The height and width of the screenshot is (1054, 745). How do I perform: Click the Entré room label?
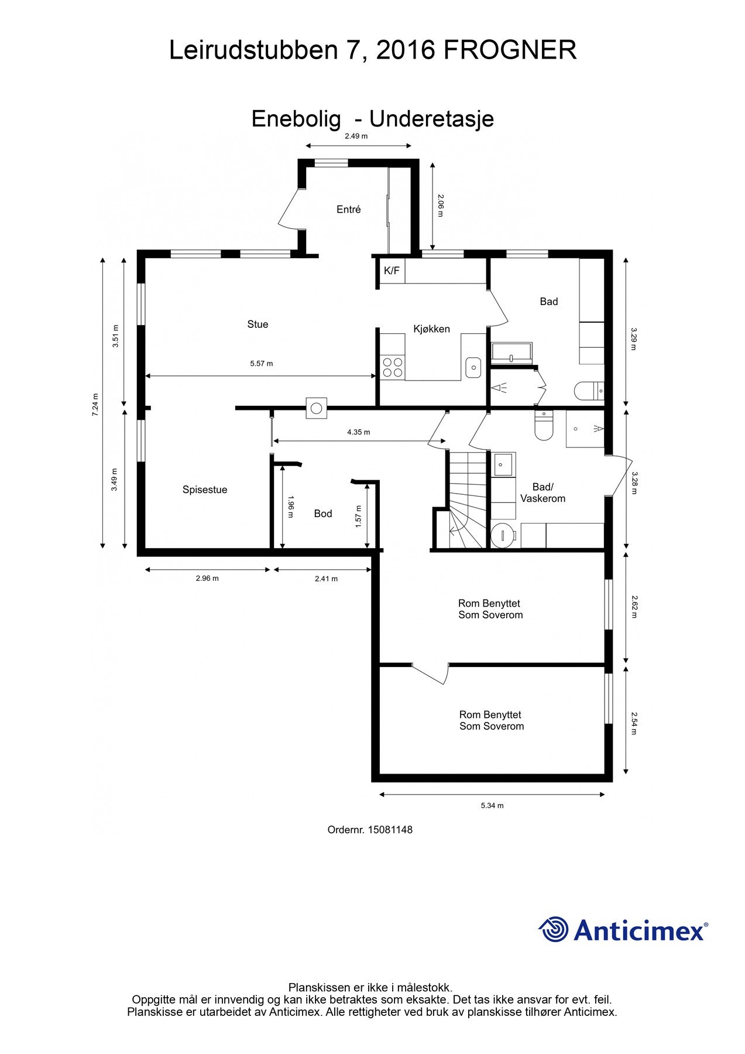pyautogui.click(x=349, y=209)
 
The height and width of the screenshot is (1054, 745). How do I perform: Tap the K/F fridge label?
pyautogui.click(x=392, y=271)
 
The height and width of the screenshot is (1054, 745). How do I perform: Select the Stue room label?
pyautogui.click(x=258, y=324)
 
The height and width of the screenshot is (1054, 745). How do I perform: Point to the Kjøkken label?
pyautogui.click(x=431, y=329)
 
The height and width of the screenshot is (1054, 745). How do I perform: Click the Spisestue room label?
pyautogui.click(x=205, y=490)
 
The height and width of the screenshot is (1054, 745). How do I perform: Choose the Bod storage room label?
pyautogui.click(x=323, y=514)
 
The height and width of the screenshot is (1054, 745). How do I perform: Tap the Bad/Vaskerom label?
pyautogui.click(x=543, y=493)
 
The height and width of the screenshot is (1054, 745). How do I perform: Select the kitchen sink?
pyautogui.click(x=473, y=367)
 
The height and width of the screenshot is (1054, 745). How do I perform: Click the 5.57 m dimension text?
pyautogui.click(x=262, y=364)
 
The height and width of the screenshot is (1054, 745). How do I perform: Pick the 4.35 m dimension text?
pyautogui.click(x=359, y=432)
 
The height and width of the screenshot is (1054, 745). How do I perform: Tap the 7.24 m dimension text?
pyautogui.click(x=95, y=405)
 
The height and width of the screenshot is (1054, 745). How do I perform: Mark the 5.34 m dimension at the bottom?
pyautogui.click(x=492, y=806)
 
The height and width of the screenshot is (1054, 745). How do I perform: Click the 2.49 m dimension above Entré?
pyautogui.click(x=356, y=136)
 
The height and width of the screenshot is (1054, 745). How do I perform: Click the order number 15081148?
pyautogui.click(x=391, y=830)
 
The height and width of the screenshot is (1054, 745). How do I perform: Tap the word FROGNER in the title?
pyautogui.click(x=510, y=50)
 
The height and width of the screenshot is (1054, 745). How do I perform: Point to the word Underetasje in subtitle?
pyautogui.click(x=432, y=119)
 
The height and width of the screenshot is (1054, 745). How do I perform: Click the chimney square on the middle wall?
pyautogui.click(x=317, y=408)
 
